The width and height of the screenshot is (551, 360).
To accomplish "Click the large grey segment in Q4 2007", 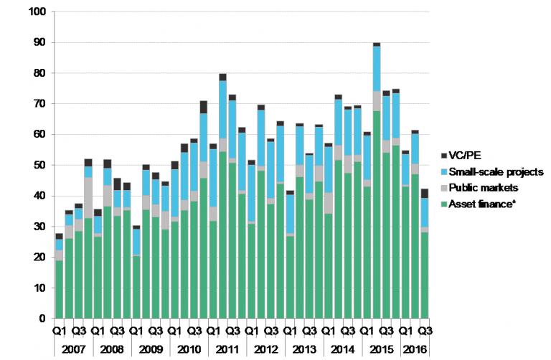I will pyautogui.click(x=88, y=197).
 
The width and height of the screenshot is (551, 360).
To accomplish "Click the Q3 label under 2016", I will pyautogui.click(x=425, y=331).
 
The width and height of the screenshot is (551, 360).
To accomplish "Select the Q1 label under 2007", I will pyautogui.click(x=59, y=331).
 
